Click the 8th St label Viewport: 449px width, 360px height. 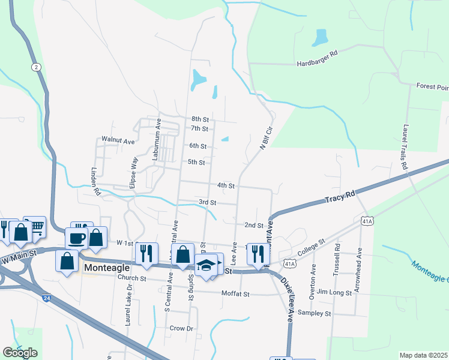(x=199, y=119)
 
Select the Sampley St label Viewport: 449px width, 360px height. (x=315, y=313)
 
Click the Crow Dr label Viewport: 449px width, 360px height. (x=181, y=328)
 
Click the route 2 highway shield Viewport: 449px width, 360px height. (x=37, y=67)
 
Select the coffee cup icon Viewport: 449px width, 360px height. (x=77, y=238)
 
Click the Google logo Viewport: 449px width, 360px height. (x=20, y=353)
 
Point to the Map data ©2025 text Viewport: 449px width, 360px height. (x=423, y=355)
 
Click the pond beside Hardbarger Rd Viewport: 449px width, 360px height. (x=320, y=38)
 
